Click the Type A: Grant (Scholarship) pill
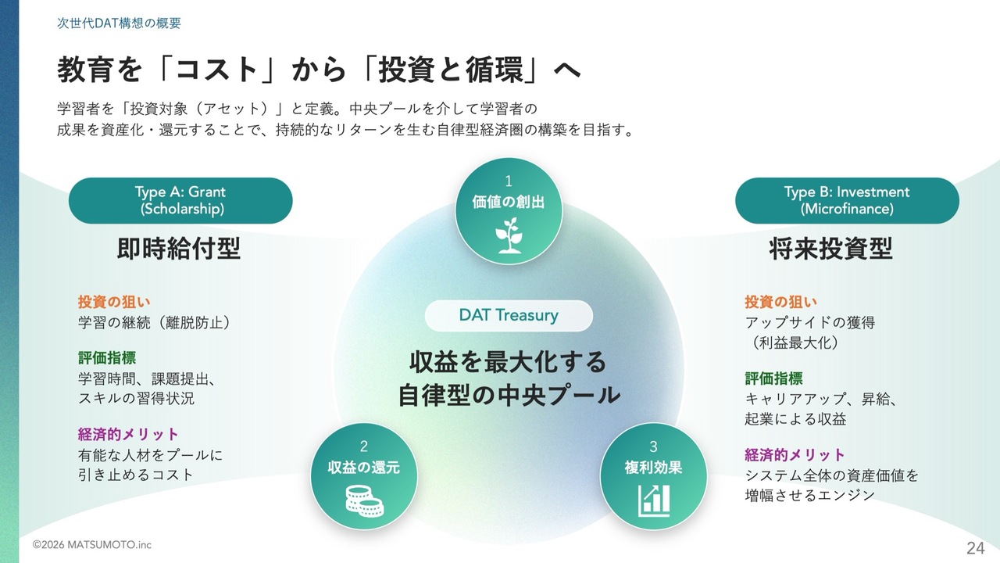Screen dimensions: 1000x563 [x=180, y=201]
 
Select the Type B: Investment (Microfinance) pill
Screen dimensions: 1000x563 [x=847, y=201]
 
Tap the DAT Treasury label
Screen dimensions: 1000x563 [x=509, y=315]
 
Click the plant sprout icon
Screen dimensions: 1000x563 [x=509, y=235]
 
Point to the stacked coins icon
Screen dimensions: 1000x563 [x=364, y=501]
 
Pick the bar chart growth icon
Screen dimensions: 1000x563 [x=654, y=500]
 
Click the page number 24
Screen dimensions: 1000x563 [x=976, y=548]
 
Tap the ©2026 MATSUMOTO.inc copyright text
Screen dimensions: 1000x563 [x=92, y=545]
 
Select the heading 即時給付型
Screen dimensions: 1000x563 [x=179, y=249]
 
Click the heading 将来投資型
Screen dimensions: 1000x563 [x=830, y=249]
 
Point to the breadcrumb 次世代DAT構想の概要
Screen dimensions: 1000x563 [x=119, y=23]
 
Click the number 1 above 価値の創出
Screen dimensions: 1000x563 [x=509, y=181]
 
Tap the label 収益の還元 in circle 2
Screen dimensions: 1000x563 [x=364, y=468]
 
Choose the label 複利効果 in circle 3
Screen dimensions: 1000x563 [x=654, y=468]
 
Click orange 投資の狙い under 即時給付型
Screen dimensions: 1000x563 [x=114, y=302]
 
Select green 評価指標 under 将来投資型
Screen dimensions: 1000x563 [x=773, y=378]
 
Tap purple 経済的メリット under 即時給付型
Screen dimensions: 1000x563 [x=128, y=434]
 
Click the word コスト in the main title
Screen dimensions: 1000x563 [x=217, y=70]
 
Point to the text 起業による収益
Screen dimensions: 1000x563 [x=795, y=418]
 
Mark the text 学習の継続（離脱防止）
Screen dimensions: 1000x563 [x=154, y=323]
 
